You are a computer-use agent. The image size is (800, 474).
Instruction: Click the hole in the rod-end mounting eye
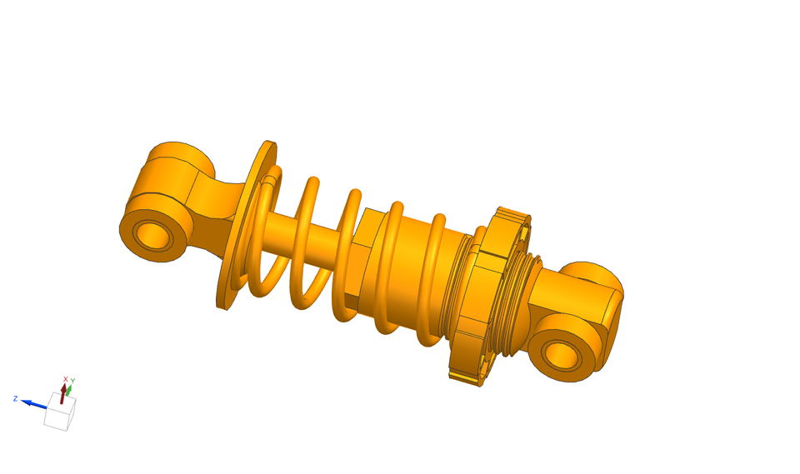[x=152, y=235]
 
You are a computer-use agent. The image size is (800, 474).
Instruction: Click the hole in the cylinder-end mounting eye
[x=562, y=355]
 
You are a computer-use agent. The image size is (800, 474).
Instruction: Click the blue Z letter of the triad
[x=15, y=398]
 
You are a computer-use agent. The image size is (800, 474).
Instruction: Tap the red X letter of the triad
[x=65, y=379]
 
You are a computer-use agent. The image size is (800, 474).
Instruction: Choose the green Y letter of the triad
[x=72, y=382]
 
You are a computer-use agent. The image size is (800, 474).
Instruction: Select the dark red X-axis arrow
[x=62, y=395]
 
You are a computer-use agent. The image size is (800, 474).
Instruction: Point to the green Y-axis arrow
[x=70, y=390]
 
